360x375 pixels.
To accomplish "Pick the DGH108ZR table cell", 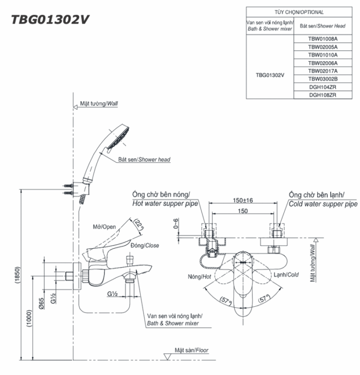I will point(322,95).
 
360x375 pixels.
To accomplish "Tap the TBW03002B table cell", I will point(322,79).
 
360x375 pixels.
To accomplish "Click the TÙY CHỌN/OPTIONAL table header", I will point(299,12).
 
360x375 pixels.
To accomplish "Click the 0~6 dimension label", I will point(176,224).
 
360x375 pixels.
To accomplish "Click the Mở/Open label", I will point(104,227).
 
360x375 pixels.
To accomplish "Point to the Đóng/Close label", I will point(145,246).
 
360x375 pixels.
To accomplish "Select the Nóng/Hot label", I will point(200,276).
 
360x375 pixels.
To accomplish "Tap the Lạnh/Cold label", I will point(286,275).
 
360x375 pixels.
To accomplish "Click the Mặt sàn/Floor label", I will point(191,350).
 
